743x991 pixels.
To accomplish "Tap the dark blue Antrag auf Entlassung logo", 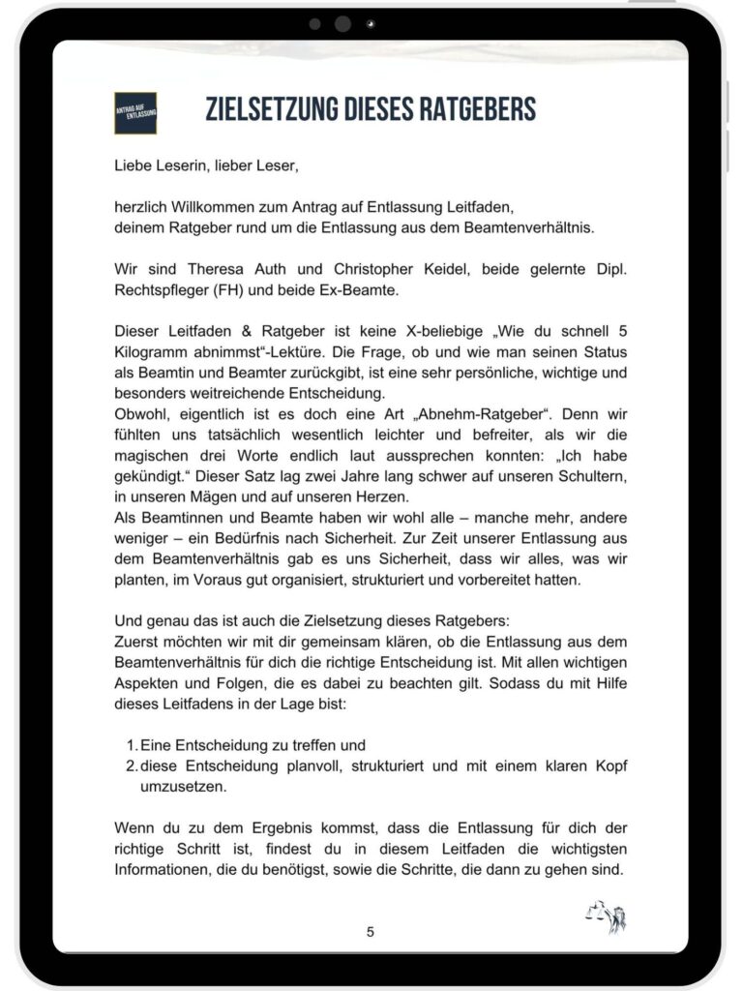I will (x=135, y=112).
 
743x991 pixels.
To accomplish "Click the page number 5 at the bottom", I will (x=371, y=932).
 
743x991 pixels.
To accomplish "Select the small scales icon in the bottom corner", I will (x=606, y=916).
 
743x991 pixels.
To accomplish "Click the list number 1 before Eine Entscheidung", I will (x=132, y=746).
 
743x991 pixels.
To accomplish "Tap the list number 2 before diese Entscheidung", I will (x=132, y=766).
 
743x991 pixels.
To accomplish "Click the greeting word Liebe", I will (x=134, y=165).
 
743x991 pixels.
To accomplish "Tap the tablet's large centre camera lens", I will (x=342, y=24).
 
